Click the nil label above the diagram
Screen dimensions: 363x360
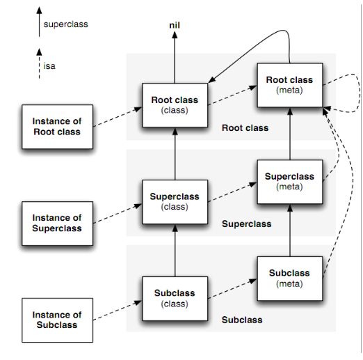click(175, 25)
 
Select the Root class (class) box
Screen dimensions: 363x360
click(175, 105)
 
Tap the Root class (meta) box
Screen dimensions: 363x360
click(290, 85)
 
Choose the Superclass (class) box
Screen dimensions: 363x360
click(175, 202)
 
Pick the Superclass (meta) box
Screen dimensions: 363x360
click(290, 182)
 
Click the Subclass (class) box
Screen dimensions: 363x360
click(175, 299)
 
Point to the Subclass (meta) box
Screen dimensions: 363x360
click(290, 279)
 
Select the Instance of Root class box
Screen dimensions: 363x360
click(58, 127)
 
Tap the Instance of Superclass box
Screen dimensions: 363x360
click(58, 224)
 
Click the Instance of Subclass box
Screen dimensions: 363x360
click(58, 320)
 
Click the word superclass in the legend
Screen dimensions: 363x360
click(66, 24)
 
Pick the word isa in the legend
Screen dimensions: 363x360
click(49, 66)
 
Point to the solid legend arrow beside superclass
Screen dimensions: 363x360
click(39, 22)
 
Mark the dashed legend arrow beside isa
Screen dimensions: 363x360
click(39, 63)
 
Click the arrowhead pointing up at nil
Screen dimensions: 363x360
click(175, 35)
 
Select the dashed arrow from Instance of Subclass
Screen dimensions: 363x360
click(118, 311)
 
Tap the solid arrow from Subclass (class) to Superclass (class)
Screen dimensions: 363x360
click(175, 251)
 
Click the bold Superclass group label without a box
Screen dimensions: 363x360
click(247, 224)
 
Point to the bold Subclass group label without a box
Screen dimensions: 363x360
click(242, 320)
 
